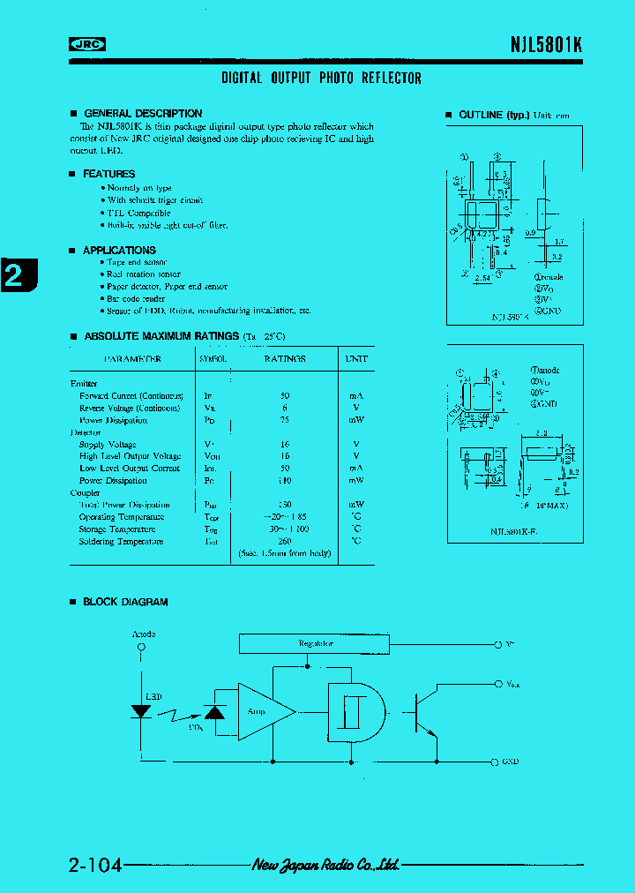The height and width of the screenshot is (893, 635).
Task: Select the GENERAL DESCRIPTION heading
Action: (142, 114)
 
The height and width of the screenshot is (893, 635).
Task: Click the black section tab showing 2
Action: (15, 276)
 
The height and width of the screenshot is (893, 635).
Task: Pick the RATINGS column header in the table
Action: (284, 359)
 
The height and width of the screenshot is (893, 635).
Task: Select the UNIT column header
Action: (355, 359)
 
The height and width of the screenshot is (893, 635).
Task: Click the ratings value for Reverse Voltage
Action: (284, 408)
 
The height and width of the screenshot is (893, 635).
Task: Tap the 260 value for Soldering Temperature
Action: (284, 541)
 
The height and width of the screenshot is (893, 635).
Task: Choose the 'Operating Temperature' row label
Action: (122, 517)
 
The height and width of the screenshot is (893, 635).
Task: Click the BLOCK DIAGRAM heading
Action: (124, 602)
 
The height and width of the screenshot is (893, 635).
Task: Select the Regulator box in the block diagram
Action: (316, 643)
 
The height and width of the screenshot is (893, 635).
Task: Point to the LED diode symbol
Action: (141, 711)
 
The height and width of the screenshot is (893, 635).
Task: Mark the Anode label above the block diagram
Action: (143, 634)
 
